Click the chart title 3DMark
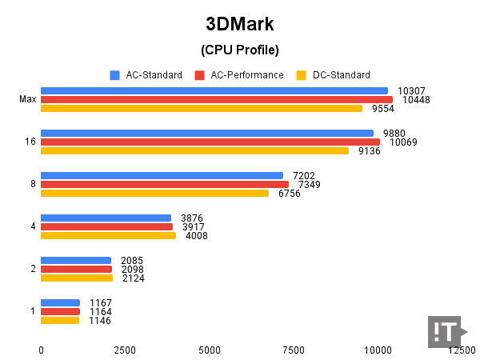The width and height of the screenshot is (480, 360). [239, 22]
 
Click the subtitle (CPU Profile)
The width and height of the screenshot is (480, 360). [239, 50]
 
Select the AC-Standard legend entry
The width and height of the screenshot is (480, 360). [149, 75]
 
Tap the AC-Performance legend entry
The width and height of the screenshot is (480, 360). [239, 75]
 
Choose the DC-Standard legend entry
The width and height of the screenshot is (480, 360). [334, 75]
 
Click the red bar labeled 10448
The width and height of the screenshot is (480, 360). [216, 100]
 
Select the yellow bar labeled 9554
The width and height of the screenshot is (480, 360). [201, 109]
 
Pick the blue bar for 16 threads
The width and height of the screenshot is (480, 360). [206, 133]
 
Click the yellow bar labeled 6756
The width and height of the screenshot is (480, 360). [154, 193]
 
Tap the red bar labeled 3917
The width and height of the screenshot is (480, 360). [106, 226]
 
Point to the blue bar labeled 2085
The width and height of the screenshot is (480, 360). [76, 260]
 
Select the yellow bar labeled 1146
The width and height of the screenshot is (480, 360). [60, 320]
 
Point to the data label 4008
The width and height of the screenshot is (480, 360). [194, 236]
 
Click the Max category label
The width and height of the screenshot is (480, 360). [27, 100]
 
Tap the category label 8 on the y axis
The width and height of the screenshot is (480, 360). [33, 184]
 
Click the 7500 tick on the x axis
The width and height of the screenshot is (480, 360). [294, 350]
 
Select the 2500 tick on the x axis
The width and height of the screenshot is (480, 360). [125, 350]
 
